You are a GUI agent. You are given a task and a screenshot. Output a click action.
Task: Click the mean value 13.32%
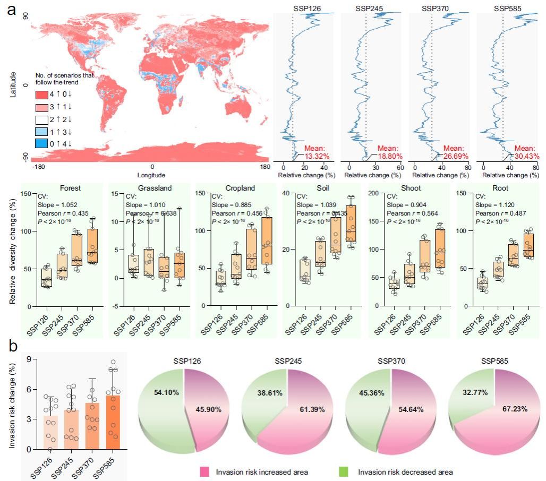[317, 156]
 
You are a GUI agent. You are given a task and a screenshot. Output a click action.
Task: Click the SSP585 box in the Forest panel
[93, 246]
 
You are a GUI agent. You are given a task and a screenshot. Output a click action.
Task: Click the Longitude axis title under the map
[152, 175]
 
